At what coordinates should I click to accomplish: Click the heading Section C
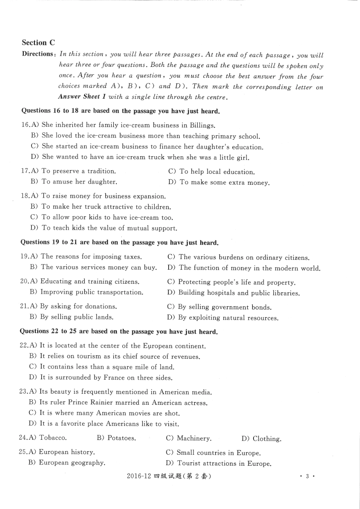[38, 42]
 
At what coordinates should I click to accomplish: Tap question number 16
[25, 125]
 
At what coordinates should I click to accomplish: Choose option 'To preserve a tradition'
[78, 171]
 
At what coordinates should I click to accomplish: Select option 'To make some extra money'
[224, 182]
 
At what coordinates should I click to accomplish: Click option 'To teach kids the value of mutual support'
[109, 228]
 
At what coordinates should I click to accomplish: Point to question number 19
[24, 256]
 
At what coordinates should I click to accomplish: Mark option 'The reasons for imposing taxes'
[91, 257]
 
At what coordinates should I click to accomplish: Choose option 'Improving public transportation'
[92, 292]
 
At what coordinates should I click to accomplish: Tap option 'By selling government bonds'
[225, 307]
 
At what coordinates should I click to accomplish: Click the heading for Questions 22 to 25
[119, 331]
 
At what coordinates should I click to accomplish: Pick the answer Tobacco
[53, 438]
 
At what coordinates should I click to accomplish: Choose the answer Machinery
[194, 438]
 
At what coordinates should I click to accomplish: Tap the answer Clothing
[267, 439]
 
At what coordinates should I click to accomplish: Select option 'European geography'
[72, 463]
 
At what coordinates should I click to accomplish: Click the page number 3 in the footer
[307, 476]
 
